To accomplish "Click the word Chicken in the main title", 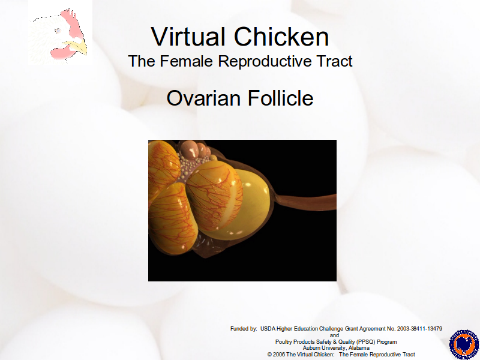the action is (281, 37).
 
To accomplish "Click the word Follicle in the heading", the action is (280, 98).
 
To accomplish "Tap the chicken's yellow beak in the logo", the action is (77, 47).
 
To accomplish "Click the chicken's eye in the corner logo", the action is (57, 31).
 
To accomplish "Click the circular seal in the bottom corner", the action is (464, 344).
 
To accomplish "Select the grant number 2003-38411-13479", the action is (419, 329).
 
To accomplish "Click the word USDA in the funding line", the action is (268, 329).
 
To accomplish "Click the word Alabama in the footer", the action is (359, 348).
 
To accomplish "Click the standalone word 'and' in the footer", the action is (334, 335).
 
